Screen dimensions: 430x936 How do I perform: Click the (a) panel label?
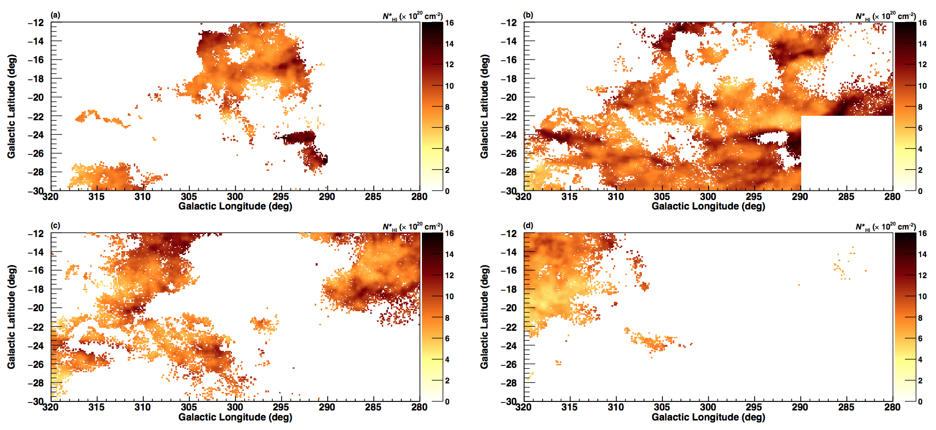[56, 15]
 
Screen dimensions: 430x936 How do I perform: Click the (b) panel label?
[528, 15]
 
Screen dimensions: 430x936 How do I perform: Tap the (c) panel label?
[56, 226]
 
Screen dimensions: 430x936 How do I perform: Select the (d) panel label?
[528, 226]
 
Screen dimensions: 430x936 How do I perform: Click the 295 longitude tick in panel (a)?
[281, 196]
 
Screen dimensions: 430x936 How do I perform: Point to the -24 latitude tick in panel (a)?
[36, 135]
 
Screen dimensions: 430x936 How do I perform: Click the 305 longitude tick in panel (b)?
[662, 196]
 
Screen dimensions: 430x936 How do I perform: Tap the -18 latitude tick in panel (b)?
[509, 79]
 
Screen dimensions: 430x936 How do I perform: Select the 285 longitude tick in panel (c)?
[373, 407]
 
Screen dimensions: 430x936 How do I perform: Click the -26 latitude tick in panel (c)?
[36, 364]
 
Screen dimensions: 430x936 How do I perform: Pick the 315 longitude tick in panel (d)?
[570, 407]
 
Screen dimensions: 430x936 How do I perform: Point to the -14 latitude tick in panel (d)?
[509, 252]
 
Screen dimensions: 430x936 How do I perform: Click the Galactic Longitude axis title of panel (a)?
[235, 206]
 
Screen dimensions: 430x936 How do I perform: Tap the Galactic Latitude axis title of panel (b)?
[485, 106]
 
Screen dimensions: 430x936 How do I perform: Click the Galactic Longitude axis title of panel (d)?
[708, 417]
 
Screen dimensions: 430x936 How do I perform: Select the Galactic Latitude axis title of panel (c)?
[12, 317]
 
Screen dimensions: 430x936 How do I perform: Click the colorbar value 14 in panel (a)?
[449, 44]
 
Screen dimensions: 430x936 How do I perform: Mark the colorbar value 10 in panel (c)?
[449, 296]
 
